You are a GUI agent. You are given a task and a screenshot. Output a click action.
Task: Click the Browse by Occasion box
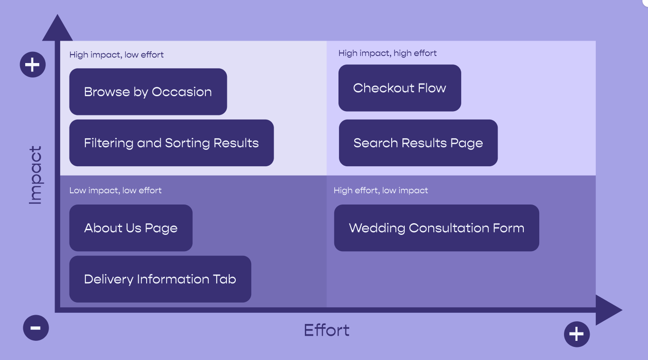(148, 92)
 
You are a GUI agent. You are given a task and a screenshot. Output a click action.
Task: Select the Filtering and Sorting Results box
(171, 143)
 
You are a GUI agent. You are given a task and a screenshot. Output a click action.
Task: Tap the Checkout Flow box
(400, 88)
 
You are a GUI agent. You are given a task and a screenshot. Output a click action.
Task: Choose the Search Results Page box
(418, 143)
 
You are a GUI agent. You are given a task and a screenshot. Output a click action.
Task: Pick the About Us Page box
(131, 228)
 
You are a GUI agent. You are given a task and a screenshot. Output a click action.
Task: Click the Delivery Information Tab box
(160, 279)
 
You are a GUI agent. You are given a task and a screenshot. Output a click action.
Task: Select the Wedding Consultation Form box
(437, 228)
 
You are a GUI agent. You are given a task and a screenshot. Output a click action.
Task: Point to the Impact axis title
(35, 175)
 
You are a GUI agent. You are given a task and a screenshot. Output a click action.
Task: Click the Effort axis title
(327, 331)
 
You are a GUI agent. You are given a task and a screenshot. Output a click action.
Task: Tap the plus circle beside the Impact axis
(33, 64)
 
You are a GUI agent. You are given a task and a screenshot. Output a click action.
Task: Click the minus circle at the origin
(36, 328)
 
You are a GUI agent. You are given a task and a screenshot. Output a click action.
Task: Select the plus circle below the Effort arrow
(577, 334)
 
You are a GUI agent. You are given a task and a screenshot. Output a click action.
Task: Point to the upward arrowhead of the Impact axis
(57, 28)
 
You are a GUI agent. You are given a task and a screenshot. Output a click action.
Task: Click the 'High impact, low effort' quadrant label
(117, 55)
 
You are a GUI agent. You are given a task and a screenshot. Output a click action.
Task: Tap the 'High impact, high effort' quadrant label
(387, 53)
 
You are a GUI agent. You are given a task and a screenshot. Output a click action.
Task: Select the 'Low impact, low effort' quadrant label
(115, 191)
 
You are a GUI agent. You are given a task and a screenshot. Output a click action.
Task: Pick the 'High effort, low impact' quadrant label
(380, 191)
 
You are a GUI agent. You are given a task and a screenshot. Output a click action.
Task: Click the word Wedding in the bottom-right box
(377, 228)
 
